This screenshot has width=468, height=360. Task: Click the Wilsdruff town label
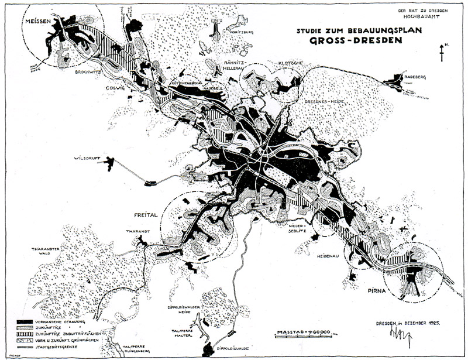tap(88, 158)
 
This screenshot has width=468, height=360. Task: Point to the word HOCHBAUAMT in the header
tap(429, 18)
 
